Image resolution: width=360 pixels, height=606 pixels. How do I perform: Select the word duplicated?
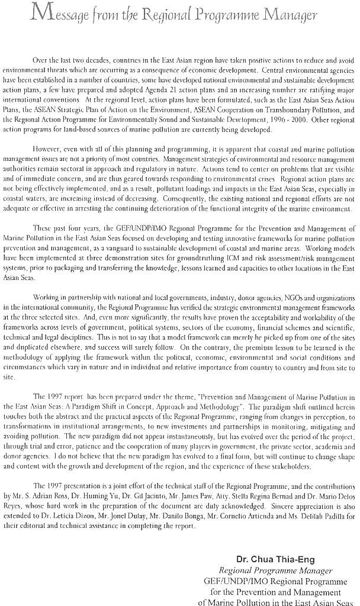[45, 341]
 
